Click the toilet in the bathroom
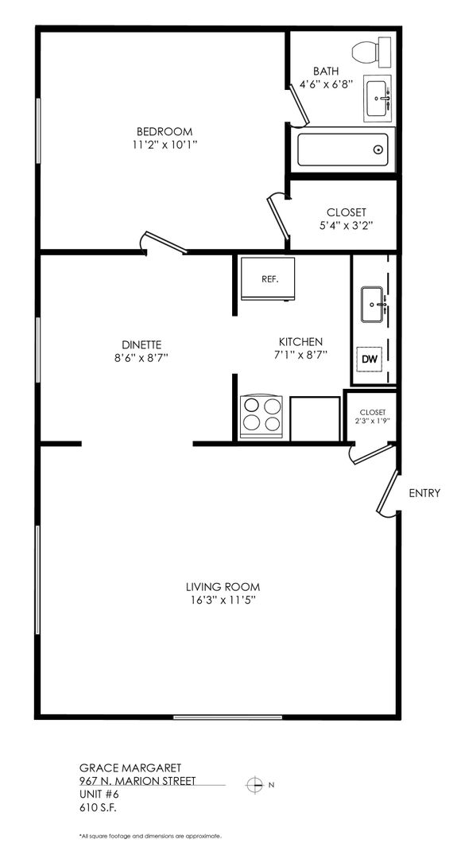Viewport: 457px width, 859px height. (x=372, y=52)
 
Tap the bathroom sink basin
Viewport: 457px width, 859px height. (x=378, y=99)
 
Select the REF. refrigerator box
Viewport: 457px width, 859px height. (x=268, y=278)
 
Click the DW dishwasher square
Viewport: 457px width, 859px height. (x=370, y=360)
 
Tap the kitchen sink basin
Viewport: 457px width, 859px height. (x=374, y=304)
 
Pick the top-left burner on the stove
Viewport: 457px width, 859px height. (x=251, y=406)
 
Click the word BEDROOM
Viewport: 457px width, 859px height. (x=165, y=131)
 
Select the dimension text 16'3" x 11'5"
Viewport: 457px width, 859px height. (x=222, y=600)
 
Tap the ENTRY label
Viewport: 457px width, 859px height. (x=424, y=493)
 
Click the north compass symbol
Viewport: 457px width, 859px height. (x=254, y=785)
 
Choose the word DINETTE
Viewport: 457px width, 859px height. (x=141, y=344)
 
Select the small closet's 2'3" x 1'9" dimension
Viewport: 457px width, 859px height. (x=373, y=422)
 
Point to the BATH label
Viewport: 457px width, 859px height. (x=326, y=72)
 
